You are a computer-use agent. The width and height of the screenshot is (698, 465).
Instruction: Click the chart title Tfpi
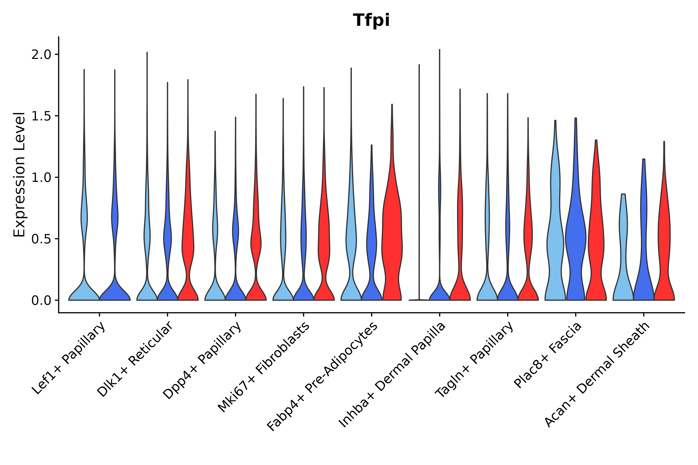(371, 21)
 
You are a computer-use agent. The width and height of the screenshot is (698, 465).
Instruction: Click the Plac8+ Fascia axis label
(548, 355)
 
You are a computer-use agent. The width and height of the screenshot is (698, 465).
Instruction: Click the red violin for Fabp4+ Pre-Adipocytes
(392, 237)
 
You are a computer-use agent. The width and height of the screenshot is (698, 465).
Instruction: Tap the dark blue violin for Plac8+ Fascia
(575, 237)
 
